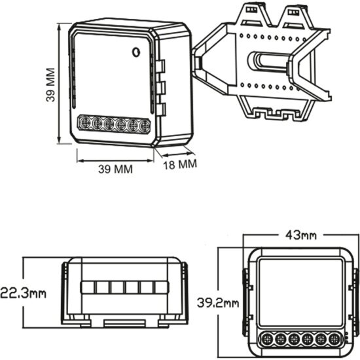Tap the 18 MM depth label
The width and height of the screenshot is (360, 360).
point(178,164)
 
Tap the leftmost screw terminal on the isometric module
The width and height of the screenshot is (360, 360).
point(84,122)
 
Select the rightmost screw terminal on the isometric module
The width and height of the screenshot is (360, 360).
point(144,124)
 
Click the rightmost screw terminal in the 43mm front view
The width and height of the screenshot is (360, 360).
point(334,339)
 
